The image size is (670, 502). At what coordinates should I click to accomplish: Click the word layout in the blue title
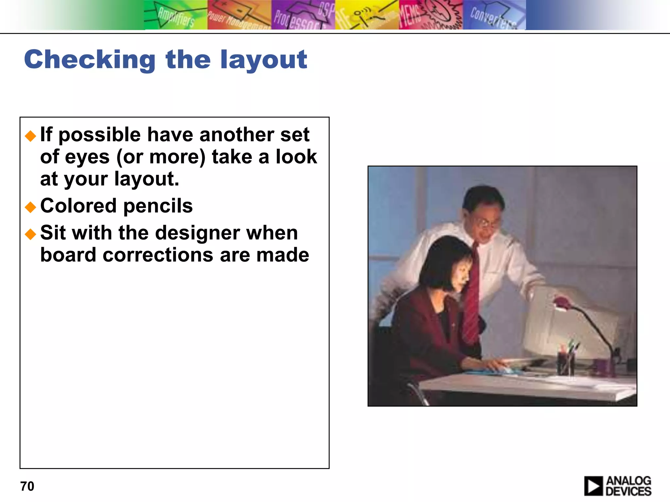[x=263, y=60]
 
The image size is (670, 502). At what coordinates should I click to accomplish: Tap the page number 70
[x=27, y=486]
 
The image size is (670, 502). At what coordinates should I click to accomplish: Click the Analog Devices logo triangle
[x=593, y=486]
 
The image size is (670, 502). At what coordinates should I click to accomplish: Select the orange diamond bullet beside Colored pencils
[x=30, y=207]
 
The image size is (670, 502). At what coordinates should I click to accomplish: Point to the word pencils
[x=158, y=206]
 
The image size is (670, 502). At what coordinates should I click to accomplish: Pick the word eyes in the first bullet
[x=87, y=157]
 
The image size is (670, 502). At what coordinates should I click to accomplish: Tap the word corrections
[x=158, y=255]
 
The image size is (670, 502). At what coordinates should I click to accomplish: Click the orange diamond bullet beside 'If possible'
[x=30, y=136]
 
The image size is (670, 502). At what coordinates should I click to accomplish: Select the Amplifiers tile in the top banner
[x=176, y=15]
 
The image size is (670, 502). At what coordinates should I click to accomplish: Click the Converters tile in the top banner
[x=494, y=15]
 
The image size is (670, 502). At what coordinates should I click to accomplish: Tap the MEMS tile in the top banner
[x=431, y=15]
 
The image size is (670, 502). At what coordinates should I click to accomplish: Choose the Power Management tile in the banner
[x=239, y=15]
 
